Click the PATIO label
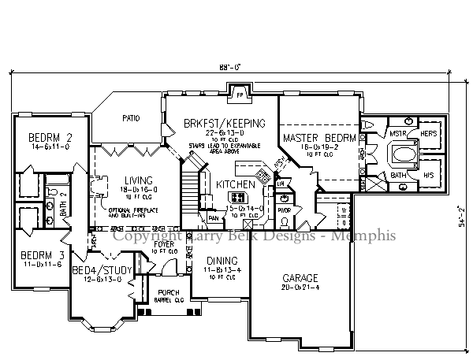[131, 119]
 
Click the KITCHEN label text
[236, 184]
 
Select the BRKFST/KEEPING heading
[225, 123]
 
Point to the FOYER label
[163, 244]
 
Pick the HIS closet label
[428, 175]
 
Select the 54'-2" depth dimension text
[460, 215]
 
